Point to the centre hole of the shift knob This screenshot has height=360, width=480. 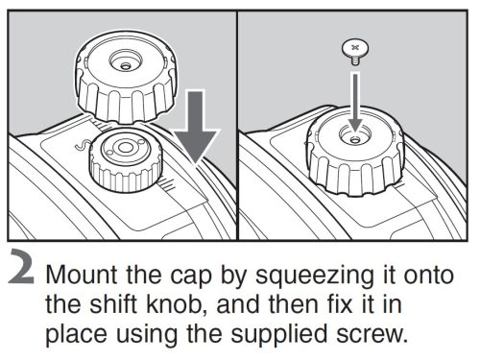tap(122, 146)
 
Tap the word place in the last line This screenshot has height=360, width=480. tap(77, 339)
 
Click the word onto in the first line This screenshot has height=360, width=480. tap(419, 276)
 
